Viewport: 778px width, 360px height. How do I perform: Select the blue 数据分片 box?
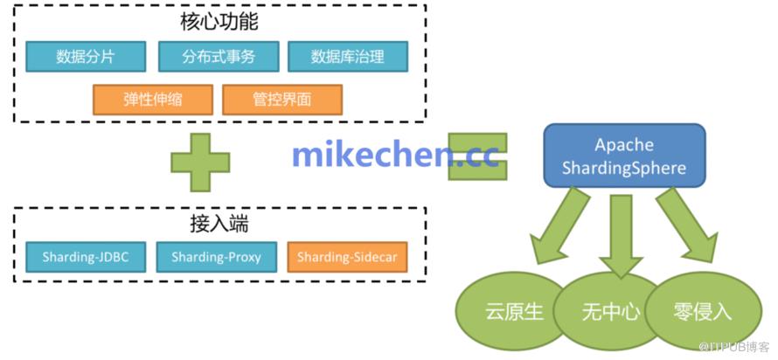[86, 57]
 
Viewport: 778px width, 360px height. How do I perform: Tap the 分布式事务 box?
[219, 57]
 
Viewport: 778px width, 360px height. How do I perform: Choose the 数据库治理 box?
[348, 57]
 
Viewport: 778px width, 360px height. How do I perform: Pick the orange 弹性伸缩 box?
[153, 100]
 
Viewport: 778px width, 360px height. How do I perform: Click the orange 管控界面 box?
[282, 100]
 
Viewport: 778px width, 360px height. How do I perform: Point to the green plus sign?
[200, 163]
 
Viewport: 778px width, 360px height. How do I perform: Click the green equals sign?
[477, 156]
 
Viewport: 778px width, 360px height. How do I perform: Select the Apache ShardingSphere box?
[624, 156]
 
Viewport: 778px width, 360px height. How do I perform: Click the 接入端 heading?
[219, 225]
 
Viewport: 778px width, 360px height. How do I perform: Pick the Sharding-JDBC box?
[86, 257]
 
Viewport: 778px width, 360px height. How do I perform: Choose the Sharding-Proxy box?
[216, 257]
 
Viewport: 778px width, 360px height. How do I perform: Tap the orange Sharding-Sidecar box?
[347, 257]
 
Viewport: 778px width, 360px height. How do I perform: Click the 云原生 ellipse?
[514, 311]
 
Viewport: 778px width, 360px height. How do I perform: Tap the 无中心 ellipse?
[611, 311]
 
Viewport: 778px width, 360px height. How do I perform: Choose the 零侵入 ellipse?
[704, 311]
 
